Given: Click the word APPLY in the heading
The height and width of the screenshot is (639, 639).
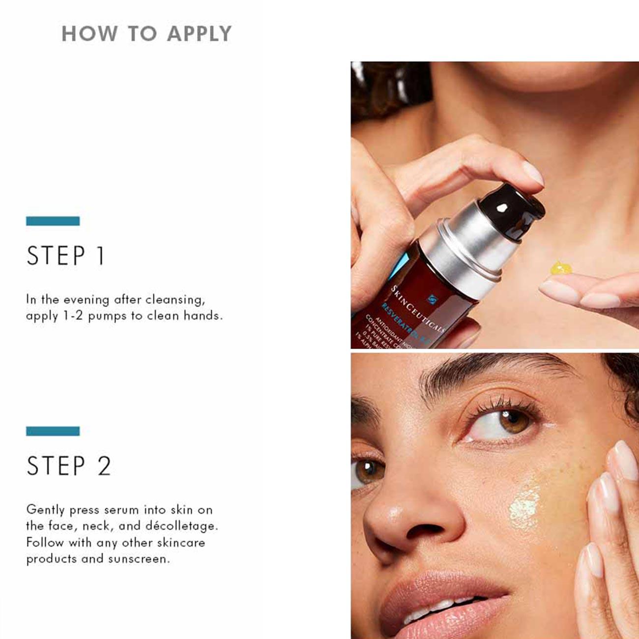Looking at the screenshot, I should tap(199, 34).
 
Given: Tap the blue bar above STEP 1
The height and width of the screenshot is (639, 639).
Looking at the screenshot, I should tap(53, 221).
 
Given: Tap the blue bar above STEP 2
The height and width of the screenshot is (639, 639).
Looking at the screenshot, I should tap(53, 431).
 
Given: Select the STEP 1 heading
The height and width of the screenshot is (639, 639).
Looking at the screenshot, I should tap(65, 256).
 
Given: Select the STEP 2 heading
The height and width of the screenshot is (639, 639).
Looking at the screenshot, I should tap(69, 466).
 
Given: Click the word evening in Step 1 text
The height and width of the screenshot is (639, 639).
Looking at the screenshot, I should tap(87, 299).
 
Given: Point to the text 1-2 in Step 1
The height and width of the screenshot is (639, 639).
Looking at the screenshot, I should tap(73, 316).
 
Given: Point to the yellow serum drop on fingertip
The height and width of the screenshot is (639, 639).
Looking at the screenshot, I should tap(560, 268).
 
